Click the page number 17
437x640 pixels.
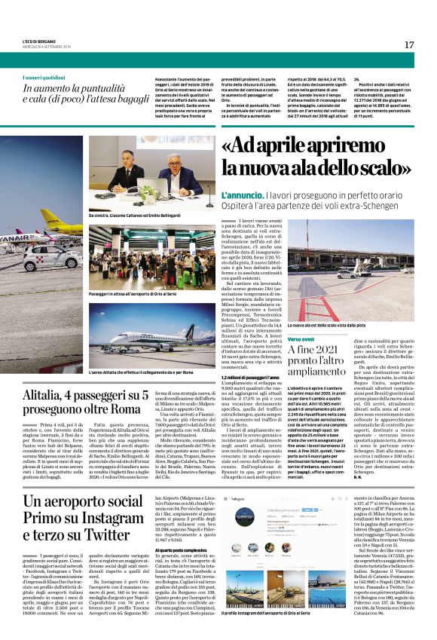tap(408, 45)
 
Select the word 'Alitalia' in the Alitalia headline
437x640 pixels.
tap(45, 397)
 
